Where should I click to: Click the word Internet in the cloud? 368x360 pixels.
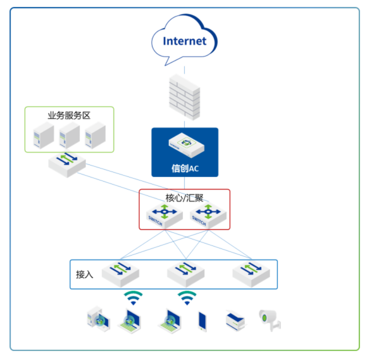(x=184, y=41)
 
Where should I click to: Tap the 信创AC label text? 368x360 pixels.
(x=184, y=168)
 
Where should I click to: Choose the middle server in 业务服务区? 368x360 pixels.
(x=69, y=134)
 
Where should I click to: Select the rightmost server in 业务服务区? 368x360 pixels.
(x=94, y=134)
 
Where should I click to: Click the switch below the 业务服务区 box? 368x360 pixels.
(x=67, y=163)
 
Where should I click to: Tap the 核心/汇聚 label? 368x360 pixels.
(x=184, y=197)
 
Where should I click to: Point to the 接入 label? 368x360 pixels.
(x=85, y=275)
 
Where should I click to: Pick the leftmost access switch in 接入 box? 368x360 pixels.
(x=120, y=273)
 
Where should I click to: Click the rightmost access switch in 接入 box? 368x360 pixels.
(x=251, y=273)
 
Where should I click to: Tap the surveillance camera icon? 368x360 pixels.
(x=269, y=319)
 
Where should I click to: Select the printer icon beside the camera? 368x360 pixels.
(x=236, y=320)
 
